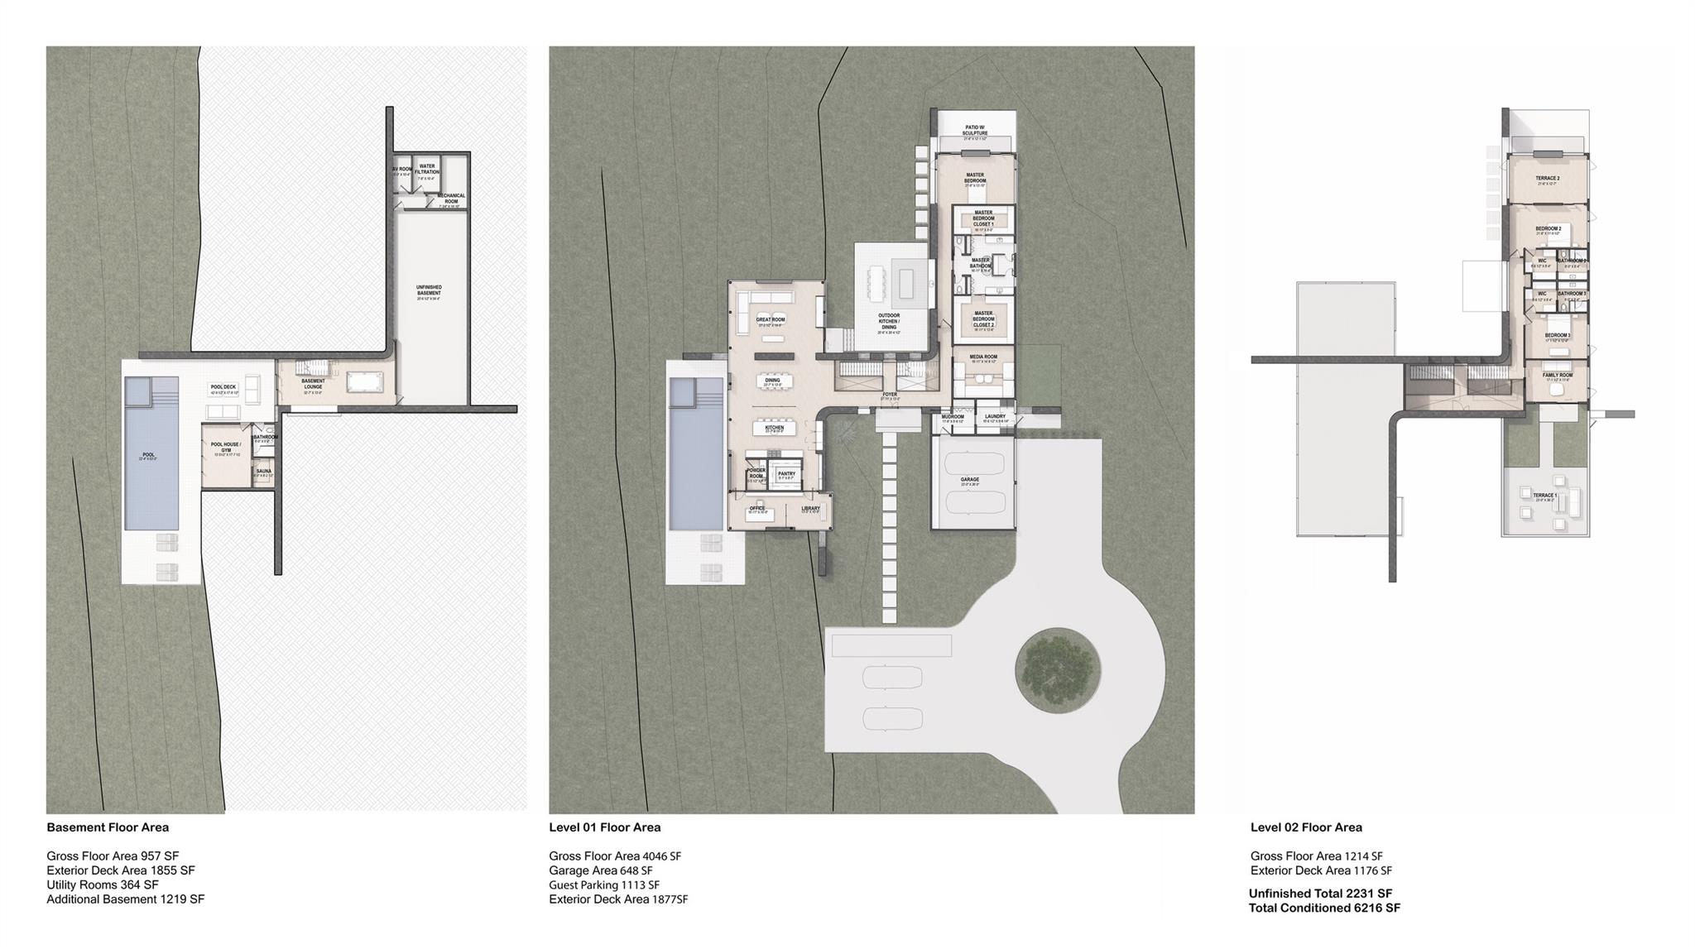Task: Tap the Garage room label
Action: (969, 480)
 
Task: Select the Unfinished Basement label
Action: (429, 290)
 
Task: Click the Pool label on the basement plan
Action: (148, 455)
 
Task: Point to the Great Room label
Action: (771, 319)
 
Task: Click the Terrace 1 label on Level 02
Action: (1544, 496)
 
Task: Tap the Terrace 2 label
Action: (1547, 179)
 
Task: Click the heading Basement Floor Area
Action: (108, 827)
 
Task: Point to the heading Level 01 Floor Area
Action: (604, 827)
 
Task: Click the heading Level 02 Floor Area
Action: (1305, 827)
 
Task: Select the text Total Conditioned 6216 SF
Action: (1324, 908)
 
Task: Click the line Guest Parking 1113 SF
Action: (604, 885)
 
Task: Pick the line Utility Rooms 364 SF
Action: (102, 885)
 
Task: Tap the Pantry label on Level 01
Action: (786, 474)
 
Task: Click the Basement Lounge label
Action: (313, 384)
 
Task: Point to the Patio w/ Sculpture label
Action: (975, 130)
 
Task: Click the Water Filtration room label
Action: (427, 169)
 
